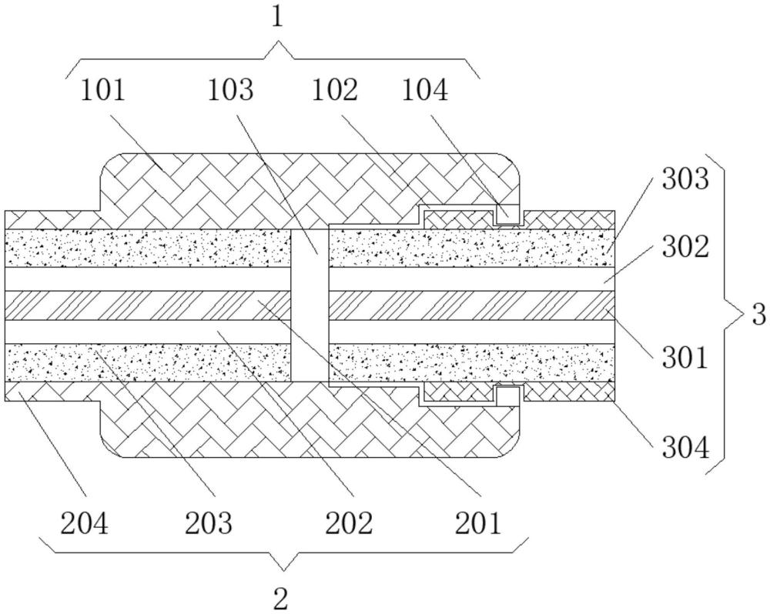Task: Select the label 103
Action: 231,91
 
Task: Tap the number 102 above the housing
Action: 336,91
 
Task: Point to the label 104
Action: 425,91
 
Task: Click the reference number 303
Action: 685,179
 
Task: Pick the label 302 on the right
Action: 685,248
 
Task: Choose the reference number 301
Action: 685,358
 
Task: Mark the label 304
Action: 685,448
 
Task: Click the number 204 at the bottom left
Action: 84,523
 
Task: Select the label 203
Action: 208,523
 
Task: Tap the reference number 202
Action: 349,523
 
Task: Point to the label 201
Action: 478,523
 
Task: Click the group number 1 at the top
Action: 279,18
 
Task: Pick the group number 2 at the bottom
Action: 280,599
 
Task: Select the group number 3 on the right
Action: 759,315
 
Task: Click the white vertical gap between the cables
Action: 310,305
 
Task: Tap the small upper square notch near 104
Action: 507,215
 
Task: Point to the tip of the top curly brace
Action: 280,42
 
